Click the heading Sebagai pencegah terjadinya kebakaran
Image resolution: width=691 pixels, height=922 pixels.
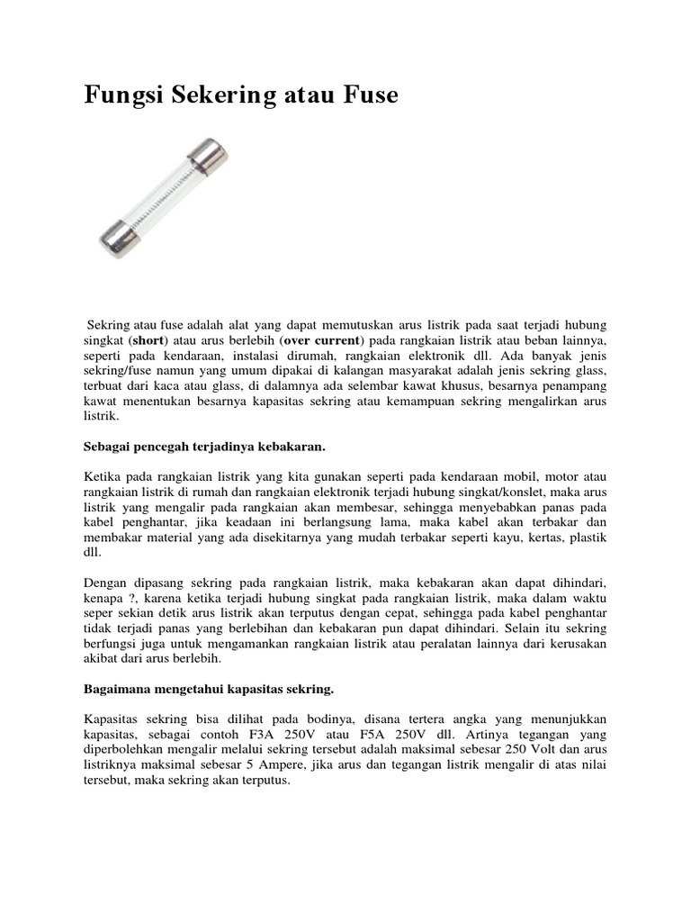pyautogui.click(x=203, y=446)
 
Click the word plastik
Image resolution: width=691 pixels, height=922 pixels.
pyautogui.click(x=588, y=538)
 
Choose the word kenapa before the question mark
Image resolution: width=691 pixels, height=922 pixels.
pyautogui.click(x=103, y=598)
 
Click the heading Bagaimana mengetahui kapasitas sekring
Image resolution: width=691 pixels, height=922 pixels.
pyautogui.click(x=209, y=689)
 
